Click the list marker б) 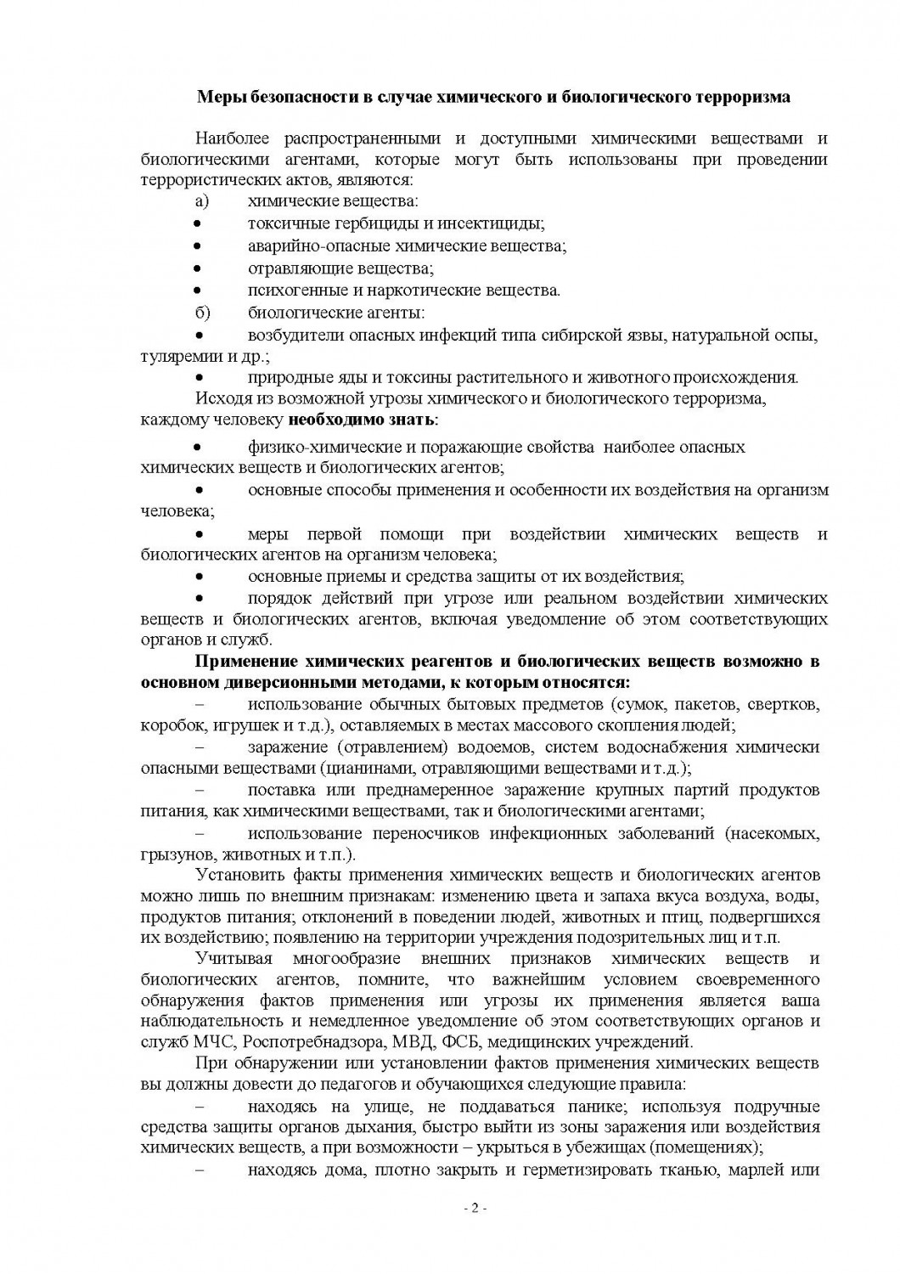pos(202,313)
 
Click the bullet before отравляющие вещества pos(197,268)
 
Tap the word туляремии pos(176,357)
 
